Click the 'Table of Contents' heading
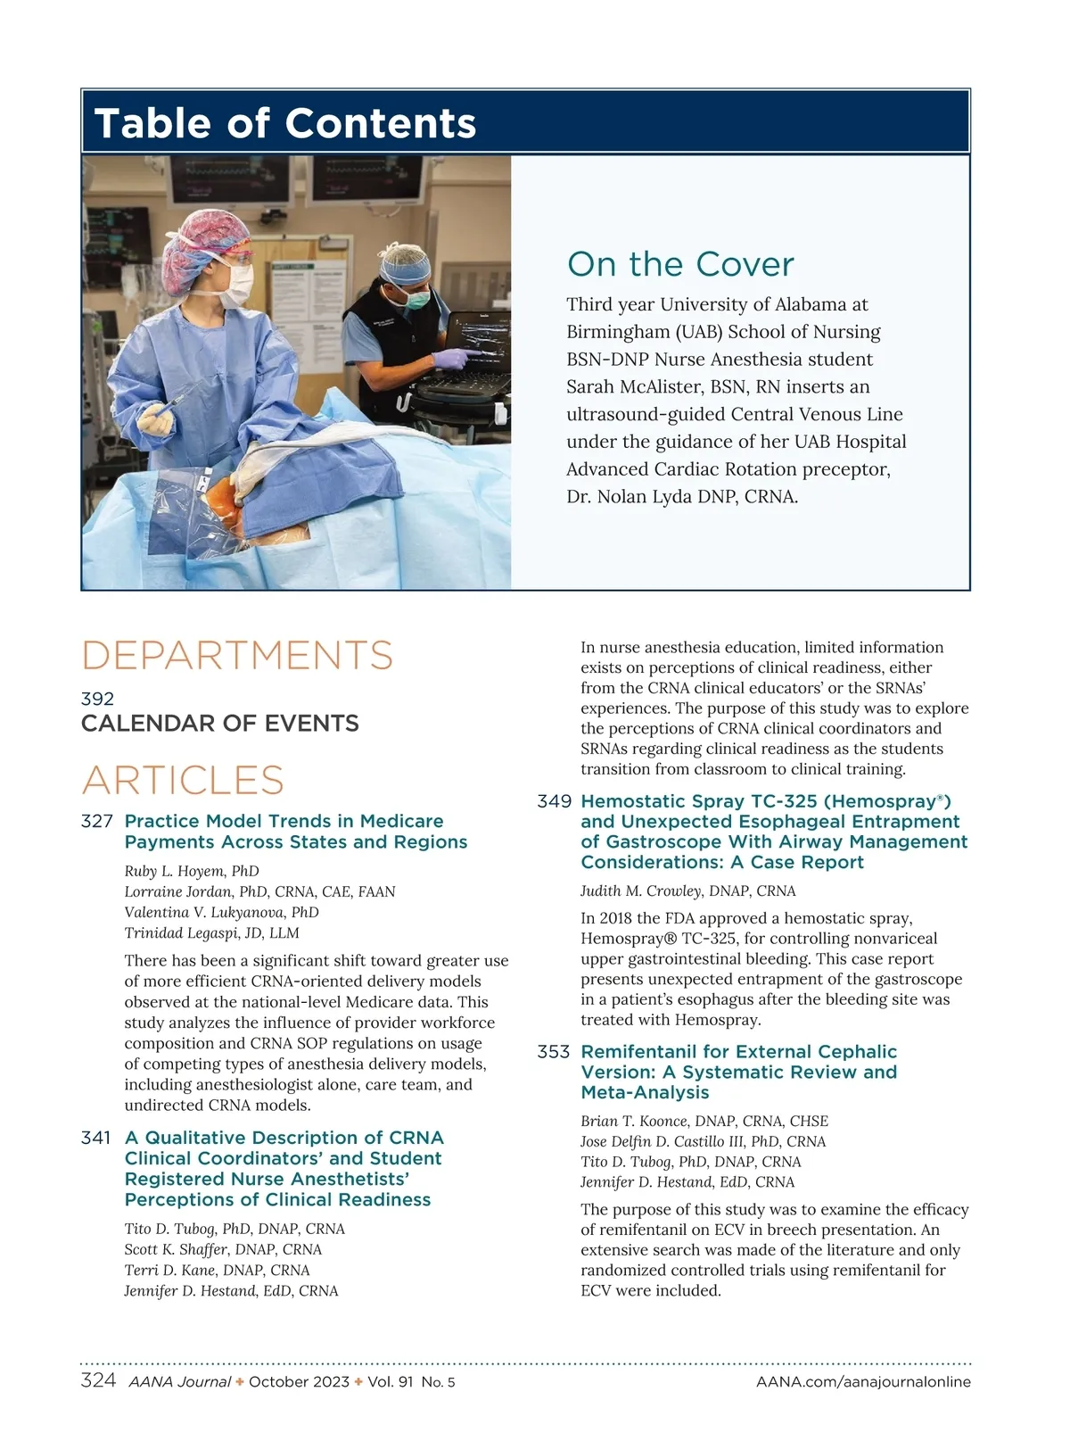285,123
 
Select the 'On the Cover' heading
680,265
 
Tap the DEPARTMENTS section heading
237,655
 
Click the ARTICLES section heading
183,780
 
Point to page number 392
97,699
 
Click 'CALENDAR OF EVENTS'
220,724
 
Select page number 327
97,821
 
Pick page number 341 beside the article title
96,1138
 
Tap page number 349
554,801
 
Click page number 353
554,1052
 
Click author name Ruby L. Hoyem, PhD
192,871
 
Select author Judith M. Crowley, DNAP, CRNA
688,890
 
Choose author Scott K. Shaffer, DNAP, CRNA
223,1249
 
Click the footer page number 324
98,1381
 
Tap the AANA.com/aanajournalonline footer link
863,1382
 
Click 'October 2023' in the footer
299,1382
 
